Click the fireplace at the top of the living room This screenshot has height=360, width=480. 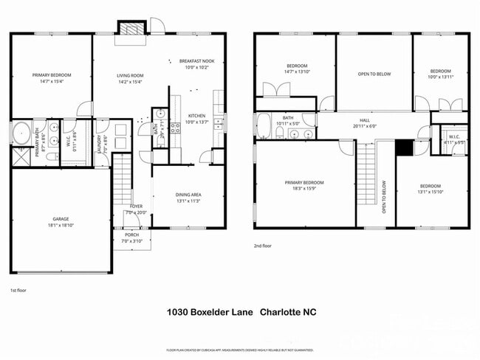coord(131,28)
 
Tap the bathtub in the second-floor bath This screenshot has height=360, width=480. coord(263,127)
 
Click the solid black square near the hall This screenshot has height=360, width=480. coord(404,147)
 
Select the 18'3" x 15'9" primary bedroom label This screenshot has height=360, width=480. coord(305,184)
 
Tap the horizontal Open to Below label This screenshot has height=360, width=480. coord(374,74)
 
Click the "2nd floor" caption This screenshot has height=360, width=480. coord(263,246)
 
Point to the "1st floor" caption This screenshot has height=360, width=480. coord(18,290)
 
